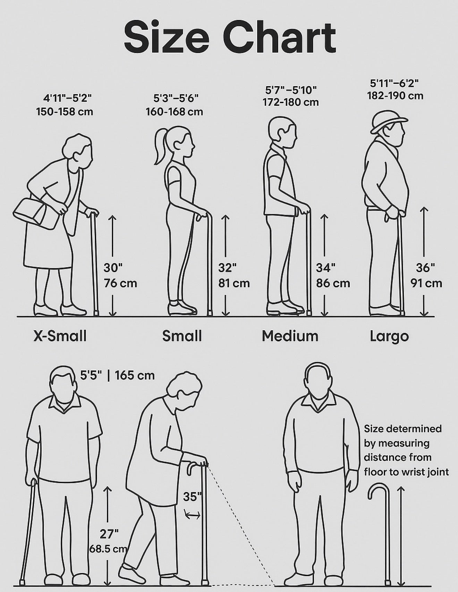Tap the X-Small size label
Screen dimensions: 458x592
60,336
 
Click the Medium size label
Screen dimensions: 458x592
290,336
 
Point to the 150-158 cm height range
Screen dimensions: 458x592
65,112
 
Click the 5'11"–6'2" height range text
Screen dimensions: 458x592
395,83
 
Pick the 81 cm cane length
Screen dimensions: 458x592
234,283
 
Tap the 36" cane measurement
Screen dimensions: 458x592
425,267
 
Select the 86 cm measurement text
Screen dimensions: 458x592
333,283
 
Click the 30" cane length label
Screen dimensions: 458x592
113,267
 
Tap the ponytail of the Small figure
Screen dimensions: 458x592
161,146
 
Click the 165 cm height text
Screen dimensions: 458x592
135,375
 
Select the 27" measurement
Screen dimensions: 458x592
109,534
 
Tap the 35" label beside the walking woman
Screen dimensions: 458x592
192,497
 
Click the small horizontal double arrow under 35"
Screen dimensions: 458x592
192,515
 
